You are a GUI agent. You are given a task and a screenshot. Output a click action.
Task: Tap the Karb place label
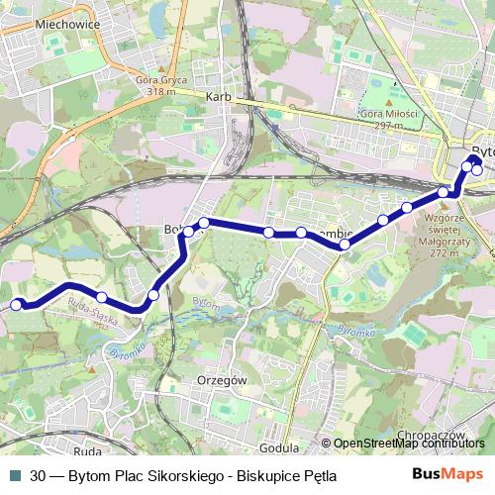click(218, 97)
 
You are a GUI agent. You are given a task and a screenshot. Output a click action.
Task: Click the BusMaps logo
click(446, 475)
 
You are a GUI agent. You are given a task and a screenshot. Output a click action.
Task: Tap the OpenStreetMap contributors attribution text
click(408, 445)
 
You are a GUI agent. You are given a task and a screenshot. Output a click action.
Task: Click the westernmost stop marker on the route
click(16, 305)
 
